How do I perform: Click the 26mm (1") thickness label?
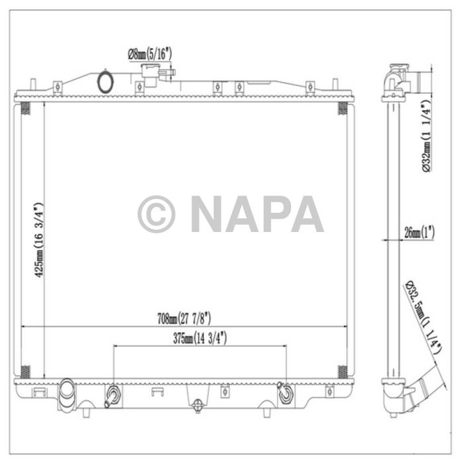tap(418, 233)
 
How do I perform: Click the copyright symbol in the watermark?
tap(156, 214)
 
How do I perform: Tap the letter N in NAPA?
tap(207, 214)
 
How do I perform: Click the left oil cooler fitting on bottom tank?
tap(112, 396)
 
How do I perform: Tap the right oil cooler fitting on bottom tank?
tap(285, 394)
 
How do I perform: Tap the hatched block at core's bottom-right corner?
tap(343, 371)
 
